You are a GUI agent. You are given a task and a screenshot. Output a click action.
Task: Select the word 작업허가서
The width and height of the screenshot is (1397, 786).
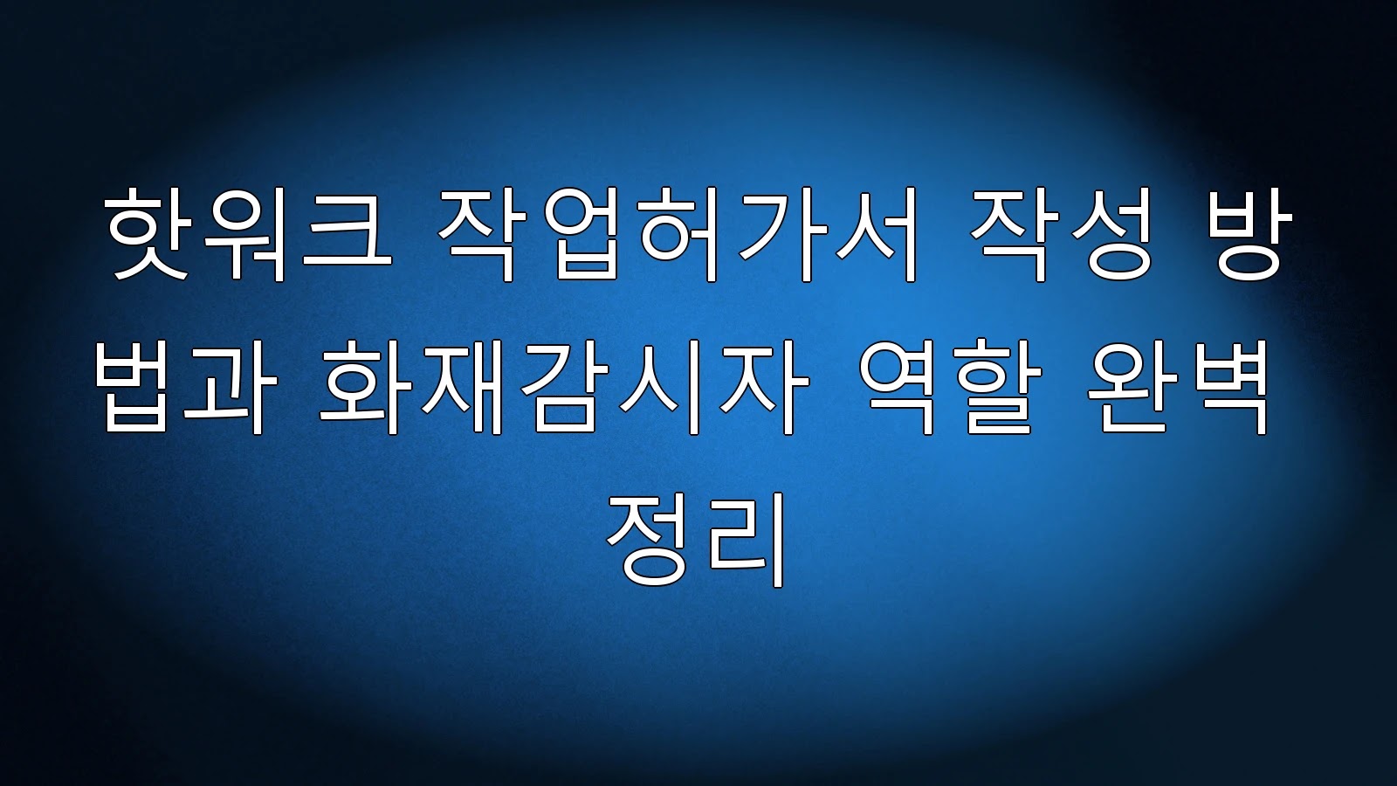tap(678, 235)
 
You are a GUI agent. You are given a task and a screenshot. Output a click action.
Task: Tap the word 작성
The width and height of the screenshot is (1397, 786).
tap(1061, 235)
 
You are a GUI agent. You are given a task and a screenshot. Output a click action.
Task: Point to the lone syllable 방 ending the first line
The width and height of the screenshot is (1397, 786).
tap(1244, 235)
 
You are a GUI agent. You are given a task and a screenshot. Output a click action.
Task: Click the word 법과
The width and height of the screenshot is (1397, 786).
tap(186, 388)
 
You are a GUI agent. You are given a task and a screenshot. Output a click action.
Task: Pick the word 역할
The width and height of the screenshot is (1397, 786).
tap(951, 388)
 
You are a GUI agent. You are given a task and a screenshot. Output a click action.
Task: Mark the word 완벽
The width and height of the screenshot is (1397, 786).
tap(1178, 388)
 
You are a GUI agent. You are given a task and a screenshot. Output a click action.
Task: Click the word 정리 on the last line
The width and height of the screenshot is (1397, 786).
tap(695, 541)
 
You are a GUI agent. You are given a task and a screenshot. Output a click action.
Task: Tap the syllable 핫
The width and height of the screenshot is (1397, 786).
tap(148, 235)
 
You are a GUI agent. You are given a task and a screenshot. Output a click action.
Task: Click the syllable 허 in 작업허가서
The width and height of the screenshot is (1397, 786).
tap(678, 235)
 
